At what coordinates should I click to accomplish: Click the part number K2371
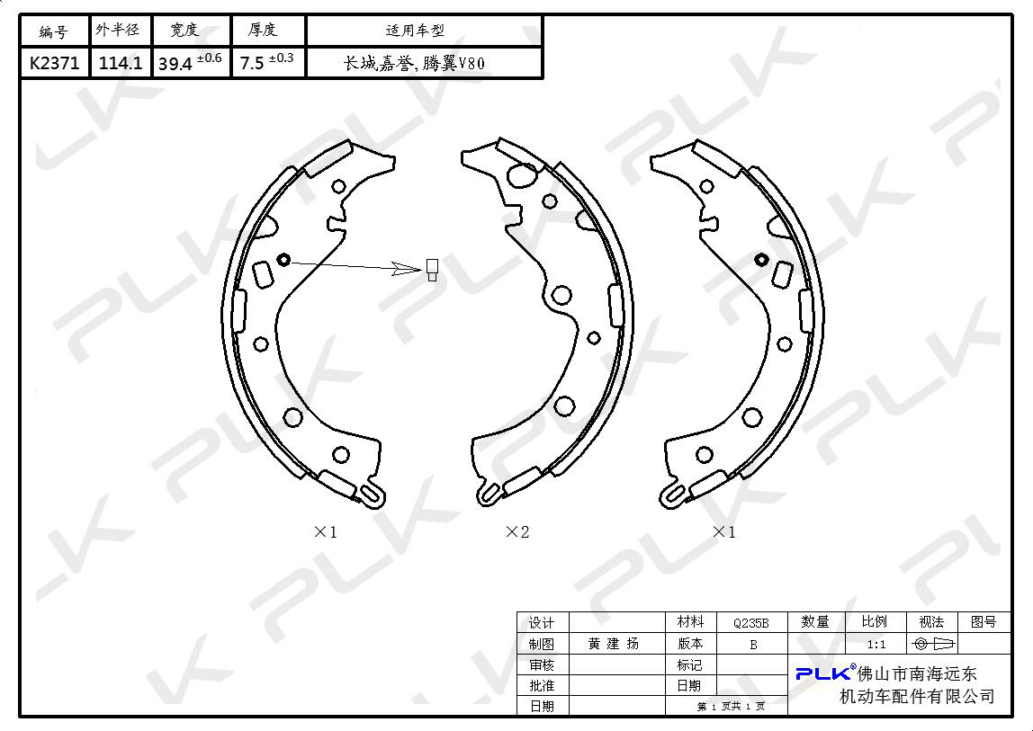(x=54, y=63)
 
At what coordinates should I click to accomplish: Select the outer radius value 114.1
(x=121, y=63)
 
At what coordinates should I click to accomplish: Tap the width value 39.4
(x=175, y=64)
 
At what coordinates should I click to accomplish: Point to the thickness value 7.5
(x=252, y=63)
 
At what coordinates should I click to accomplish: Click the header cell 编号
(x=54, y=31)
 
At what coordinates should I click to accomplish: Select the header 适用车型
(x=415, y=31)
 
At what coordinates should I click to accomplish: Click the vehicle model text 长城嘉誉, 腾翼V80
(x=415, y=63)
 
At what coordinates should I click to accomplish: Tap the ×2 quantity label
(x=517, y=531)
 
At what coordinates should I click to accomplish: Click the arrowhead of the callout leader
(x=407, y=269)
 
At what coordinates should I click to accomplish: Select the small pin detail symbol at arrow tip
(x=432, y=269)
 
